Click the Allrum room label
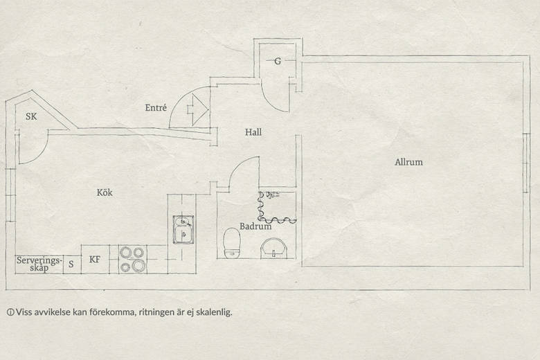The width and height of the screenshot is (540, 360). coord(408,162)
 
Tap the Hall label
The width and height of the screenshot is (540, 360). coord(253,132)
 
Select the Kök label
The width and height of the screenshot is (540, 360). coord(105,192)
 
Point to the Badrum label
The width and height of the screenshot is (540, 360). coord(255,226)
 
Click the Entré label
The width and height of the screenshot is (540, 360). coord(156,107)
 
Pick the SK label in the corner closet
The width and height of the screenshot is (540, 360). coord(31,116)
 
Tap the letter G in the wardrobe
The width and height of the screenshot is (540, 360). coord(278,62)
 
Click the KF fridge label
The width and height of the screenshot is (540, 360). coord(95,260)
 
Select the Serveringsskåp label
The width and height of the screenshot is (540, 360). coord(39,264)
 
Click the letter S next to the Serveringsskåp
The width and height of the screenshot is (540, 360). coord(71,264)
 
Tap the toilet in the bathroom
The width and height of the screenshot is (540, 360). coord(232,243)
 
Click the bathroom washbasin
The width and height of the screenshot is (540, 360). coord(273,248)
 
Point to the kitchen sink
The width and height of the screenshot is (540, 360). coord(183,230)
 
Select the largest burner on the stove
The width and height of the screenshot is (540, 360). coord(138,266)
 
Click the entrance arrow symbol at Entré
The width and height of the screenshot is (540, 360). coord(198,109)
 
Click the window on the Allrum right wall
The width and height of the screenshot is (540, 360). coord(526,163)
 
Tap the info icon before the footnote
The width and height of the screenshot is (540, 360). coord(10,312)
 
